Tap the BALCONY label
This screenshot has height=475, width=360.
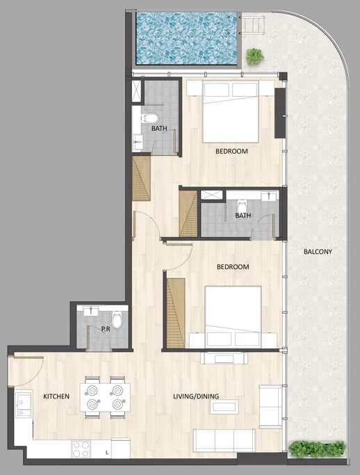[318, 252]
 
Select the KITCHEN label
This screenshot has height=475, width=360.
[56, 396]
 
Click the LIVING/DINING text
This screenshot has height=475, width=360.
[196, 396]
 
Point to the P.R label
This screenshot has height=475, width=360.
[106, 329]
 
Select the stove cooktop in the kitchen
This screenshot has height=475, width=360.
[81, 449]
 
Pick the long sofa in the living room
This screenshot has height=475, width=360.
[224, 440]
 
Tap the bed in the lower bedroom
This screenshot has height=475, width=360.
[233, 311]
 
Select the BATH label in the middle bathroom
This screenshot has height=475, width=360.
[243, 216]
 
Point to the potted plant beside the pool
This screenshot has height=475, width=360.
[255, 55]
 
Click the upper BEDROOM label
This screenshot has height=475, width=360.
[231, 151]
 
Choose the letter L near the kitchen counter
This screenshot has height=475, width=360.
[106, 453]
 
